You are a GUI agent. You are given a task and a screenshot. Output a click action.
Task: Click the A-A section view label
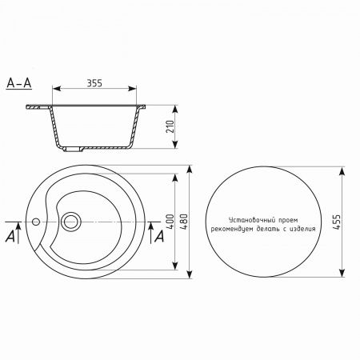pyautogui.click(x=17, y=82)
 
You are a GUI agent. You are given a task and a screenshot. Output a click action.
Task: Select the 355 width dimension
pyautogui.click(x=95, y=83)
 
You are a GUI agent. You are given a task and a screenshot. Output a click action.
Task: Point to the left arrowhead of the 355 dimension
pyautogui.click(x=54, y=90)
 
